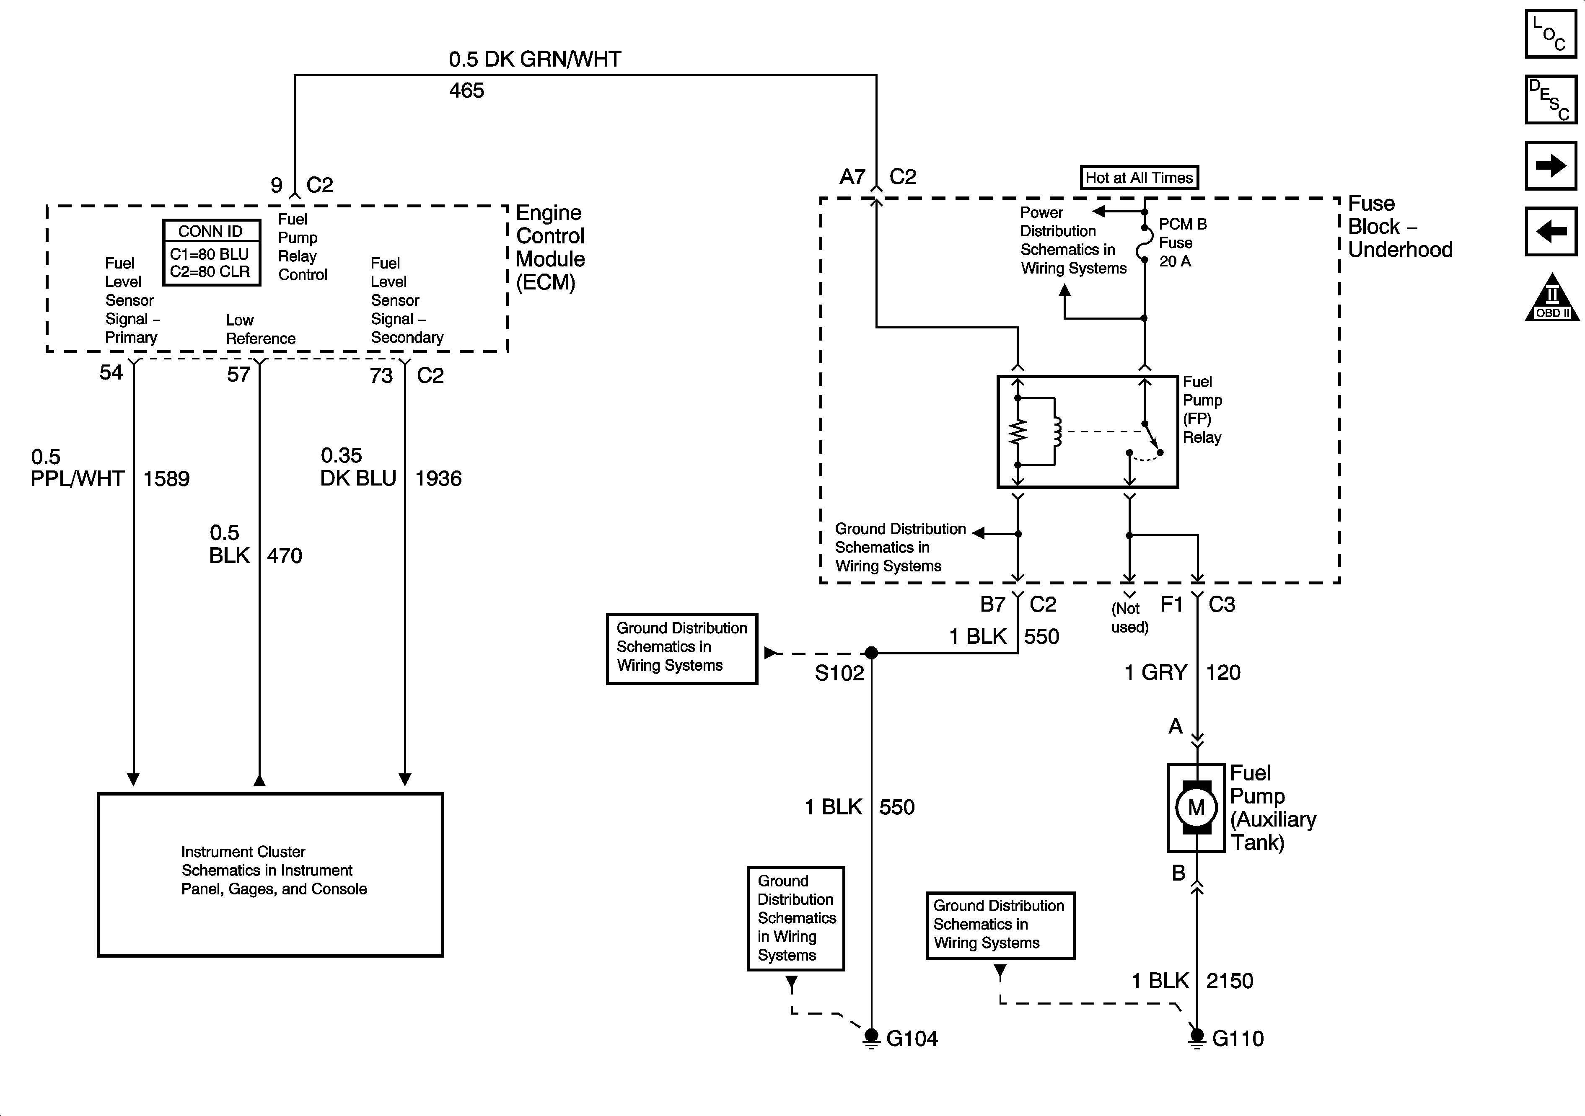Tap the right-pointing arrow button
[1551, 165]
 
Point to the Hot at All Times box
[1139, 177]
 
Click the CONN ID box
[211, 253]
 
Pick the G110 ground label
[1238, 1038]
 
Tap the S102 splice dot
[871, 652]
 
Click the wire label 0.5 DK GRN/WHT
[535, 59]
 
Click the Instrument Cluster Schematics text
[274, 870]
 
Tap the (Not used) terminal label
[1129, 618]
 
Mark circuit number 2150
[1230, 981]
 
